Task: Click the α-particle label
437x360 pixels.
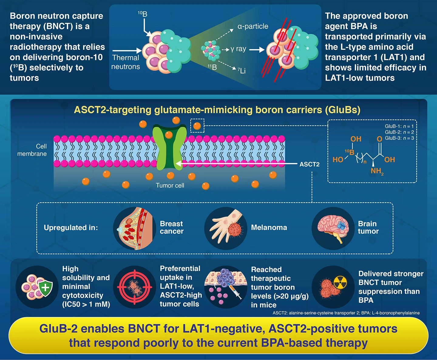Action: pos(253,26)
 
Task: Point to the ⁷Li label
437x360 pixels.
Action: pos(242,71)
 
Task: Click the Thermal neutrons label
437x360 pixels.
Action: pos(125,62)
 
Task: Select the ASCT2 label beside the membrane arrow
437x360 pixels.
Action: pos(309,164)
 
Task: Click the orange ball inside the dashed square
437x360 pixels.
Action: pos(197,126)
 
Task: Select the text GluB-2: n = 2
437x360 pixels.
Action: pos(399,132)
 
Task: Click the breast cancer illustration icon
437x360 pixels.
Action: pos(135,228)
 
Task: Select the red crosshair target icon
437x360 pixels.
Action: pos(135,287)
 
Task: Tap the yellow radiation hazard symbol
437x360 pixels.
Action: pos(340,283)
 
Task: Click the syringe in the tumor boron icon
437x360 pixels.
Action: pos(235,292)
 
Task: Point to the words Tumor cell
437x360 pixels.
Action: pos(170,185)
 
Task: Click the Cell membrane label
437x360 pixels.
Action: pos(32,150)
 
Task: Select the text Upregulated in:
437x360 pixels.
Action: pos(71,228)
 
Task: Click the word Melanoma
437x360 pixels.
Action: pos(269,227)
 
